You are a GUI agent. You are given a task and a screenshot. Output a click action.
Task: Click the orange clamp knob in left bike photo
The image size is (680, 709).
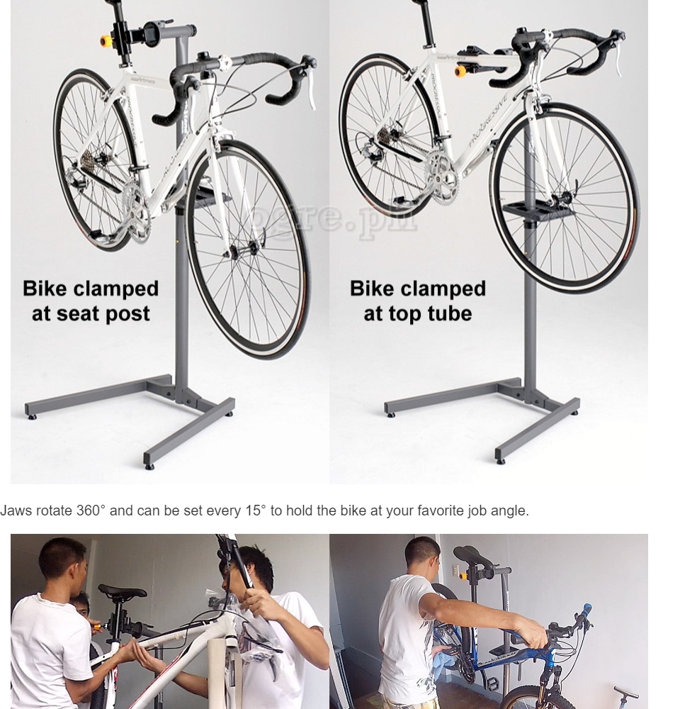click(x=106, y=40)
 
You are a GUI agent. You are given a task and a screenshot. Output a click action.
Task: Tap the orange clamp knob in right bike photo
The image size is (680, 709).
click(x=461, y=72)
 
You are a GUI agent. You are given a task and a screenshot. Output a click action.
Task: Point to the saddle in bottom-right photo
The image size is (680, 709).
click(x=471, y=555)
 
